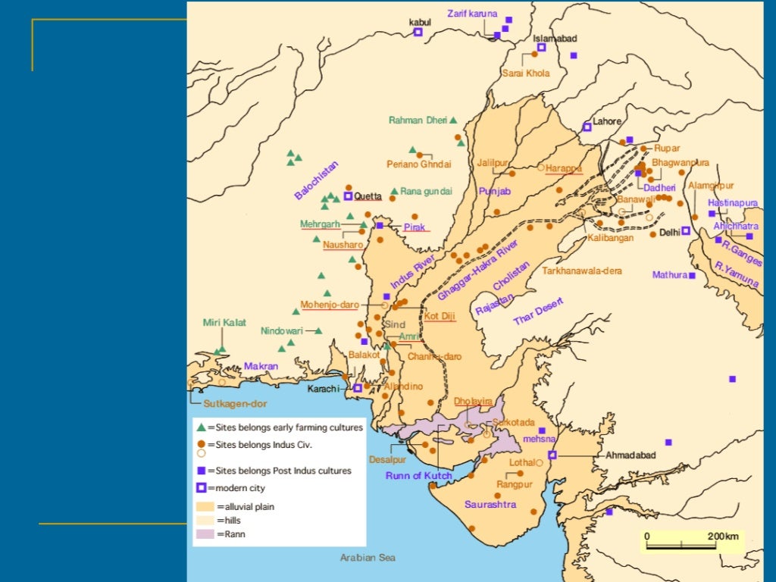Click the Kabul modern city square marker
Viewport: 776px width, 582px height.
tap(418, 32)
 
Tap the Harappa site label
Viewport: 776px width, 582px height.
tap(563, 168)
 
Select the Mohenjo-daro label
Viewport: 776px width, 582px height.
tap(329, 305)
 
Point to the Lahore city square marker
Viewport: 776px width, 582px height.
tap(587, 127)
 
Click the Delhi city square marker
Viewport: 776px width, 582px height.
tap(685, 231)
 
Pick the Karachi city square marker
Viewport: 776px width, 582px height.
tap(358, 388)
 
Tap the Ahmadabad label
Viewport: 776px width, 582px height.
tap(630, 455)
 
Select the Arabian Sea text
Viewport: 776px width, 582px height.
tap(368, 558)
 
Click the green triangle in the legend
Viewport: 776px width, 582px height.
tap(201, 427)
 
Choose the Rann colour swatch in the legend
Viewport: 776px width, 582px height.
tap(205, 534)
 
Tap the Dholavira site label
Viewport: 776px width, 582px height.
tap(473, 401)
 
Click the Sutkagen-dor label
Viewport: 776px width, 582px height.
tap(234, 403)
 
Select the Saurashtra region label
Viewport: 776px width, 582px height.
tap(490, 504)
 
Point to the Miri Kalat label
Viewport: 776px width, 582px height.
tap(224, 323)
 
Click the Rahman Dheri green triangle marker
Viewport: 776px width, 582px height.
tap(453, 120)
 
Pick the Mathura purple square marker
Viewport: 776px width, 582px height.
tap(692, 275)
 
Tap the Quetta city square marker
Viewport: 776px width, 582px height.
tap(349, 196)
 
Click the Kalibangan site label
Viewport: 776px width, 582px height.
tap(610, 238)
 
